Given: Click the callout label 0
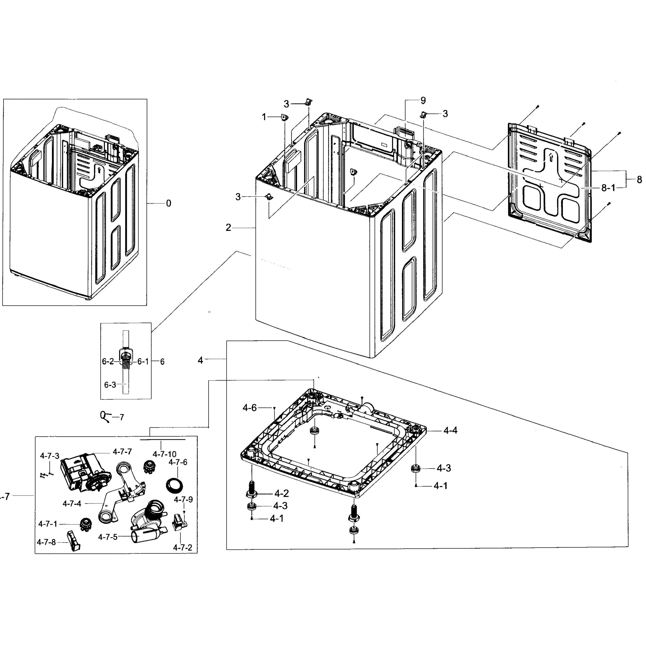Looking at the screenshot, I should pyautogui.click(x=168, y=203).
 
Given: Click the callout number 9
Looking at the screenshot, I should pyautogui.click(x=423, y=100).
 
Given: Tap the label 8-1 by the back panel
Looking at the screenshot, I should pyautogui.click(x=608, y=188).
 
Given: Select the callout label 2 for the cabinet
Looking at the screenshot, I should pyautogui.click(x=228, y=228).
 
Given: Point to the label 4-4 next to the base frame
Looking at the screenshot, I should pyautogui.click(x=450, y=430).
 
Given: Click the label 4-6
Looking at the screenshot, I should pyautogui.click(x=250, y=408).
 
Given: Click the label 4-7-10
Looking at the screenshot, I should pyautogui.click(x=164, y=454).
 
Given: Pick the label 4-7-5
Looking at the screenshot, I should pyautogui.click(x=108, y=537).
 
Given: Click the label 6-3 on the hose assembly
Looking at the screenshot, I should pyautogui.click(x=110, y=385).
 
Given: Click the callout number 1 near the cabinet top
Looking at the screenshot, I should pyautogui.click(x=264, y=117).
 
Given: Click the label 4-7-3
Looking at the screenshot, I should pyautogui.click(x=50, y=456).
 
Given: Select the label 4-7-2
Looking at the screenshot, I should pyautogui.click(x=182, y=548).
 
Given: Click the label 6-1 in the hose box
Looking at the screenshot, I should pyautogui.click(x=143, y=362).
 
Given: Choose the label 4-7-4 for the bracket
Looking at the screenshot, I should pyautogui.click(x=72, y=504).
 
